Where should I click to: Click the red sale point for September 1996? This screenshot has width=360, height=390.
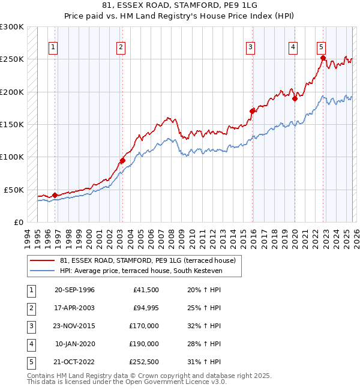(x=55, y=195)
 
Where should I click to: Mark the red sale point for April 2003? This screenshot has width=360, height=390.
(x=122, y=160)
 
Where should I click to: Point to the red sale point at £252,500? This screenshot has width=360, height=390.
(x=323, y=58)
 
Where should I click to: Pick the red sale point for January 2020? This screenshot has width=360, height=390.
(x=295, y=99)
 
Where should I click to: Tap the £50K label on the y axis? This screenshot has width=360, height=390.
(x=14, y=190)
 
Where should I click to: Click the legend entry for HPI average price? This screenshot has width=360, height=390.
(x=141, y=271)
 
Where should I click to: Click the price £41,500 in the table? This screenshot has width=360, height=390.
(x=144, y=290)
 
